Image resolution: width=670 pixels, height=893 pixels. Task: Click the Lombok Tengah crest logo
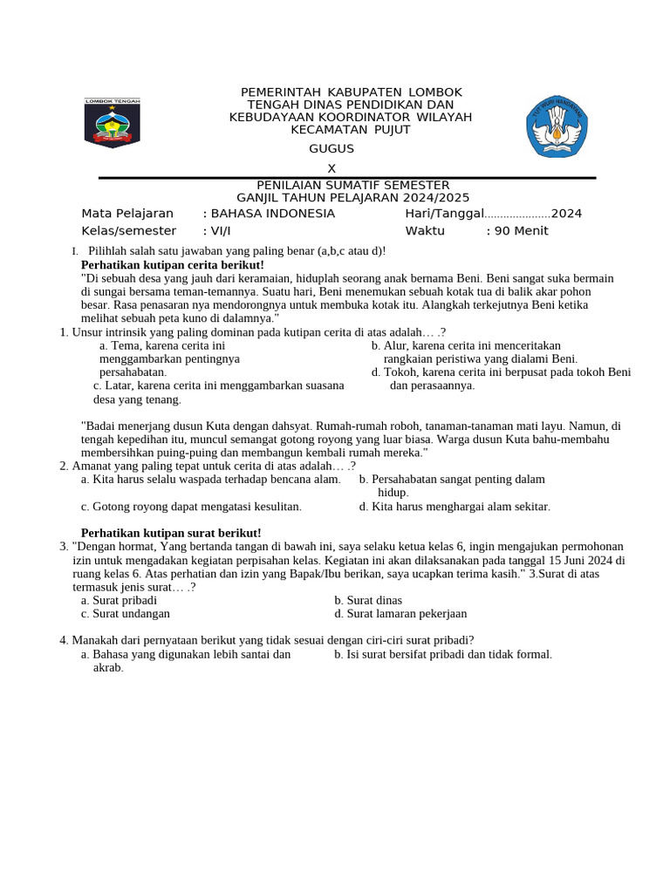click(x=112, y=123)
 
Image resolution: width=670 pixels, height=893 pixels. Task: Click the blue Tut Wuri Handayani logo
click(x=557, y=126)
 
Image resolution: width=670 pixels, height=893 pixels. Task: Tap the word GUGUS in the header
click(x=332, y=149)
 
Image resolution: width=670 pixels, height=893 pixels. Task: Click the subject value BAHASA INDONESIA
click(x=269, y=214)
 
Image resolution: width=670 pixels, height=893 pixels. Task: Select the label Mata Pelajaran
click(x=127, y=214)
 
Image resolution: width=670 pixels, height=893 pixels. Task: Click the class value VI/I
click(x=216, y=231)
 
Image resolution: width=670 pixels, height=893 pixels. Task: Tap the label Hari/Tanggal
click(x=444, y=214)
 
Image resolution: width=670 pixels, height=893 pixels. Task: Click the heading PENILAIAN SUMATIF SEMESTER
click(x=352, y=185)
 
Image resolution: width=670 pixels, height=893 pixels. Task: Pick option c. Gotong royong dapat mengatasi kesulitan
click(x=191, y=507)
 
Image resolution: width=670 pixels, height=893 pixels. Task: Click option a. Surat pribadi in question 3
click(x=119, y=601)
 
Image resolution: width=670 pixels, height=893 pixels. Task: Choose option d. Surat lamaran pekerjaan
click(x=400, y=614)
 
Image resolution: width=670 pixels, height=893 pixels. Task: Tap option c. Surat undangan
click(x=125, y=614)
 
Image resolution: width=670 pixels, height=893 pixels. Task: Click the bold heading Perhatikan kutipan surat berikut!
click(x=171, y=533)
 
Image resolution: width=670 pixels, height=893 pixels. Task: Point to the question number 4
click(x=64, y=640)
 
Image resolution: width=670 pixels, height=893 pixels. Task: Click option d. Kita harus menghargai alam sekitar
click(x=455, y=507)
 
